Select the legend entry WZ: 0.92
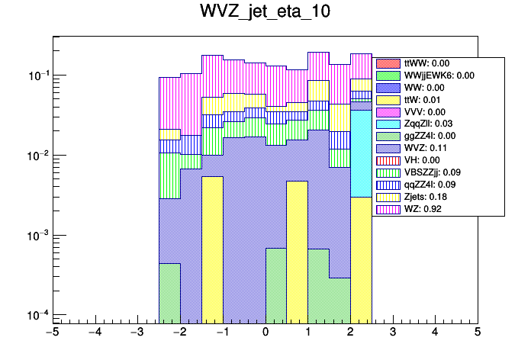427,208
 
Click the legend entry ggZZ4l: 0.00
432,136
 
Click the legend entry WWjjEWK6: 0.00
439,76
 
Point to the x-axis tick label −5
52,332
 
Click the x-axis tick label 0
265,332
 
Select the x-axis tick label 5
478,332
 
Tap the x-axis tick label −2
179,332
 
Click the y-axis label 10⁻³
36,235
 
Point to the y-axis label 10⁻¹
36,76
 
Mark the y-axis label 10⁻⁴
36,315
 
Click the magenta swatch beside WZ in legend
388,208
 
